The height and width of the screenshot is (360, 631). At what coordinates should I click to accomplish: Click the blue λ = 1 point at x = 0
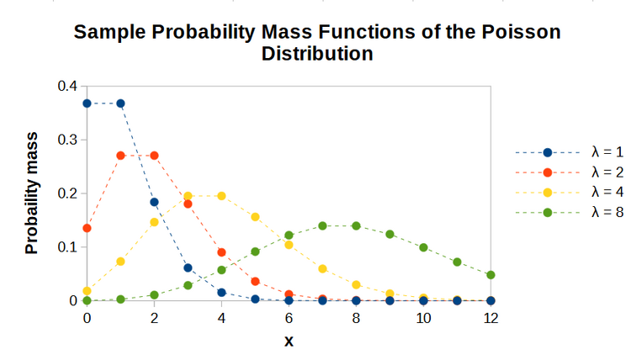(87, 103)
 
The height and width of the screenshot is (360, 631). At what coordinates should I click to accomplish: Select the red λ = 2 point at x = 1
(120, 156)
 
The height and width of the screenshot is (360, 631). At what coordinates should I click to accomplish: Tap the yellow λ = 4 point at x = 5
(255, 216)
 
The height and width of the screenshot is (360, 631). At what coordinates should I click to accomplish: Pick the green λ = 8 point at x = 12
(490, 275)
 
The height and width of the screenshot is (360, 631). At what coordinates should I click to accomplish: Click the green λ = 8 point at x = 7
(322, 225)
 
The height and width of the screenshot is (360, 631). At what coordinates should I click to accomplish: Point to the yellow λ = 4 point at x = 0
(87, 290)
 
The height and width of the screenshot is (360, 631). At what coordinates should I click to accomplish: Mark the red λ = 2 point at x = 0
(87, 228)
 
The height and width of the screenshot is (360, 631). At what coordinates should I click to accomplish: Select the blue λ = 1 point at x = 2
(154, 202)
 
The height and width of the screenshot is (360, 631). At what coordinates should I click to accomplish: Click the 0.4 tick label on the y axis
(66, 86)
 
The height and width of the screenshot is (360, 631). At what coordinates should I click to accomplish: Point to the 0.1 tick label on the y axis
(66, 247)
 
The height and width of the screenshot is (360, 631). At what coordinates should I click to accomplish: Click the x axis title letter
(289, 341)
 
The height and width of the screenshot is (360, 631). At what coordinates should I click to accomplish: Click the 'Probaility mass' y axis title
(32, 193)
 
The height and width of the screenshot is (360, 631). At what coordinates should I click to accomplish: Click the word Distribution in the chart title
(317, 54)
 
